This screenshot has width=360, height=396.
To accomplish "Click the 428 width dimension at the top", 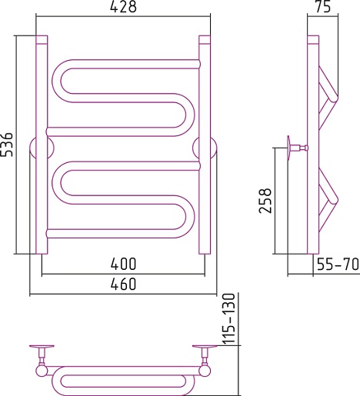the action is (x=123, y=7).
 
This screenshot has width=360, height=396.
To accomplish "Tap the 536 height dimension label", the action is (x=7, y=145).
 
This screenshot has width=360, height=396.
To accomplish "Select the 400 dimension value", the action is (x=123, y=264).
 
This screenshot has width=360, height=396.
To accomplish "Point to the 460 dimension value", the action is (x=123, y=285).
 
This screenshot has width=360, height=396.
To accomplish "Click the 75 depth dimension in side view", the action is (x=323, y=7).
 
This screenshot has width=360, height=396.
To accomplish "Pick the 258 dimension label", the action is (x=265, y=201).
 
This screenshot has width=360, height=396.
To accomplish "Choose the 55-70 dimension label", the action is (x=338, y=265).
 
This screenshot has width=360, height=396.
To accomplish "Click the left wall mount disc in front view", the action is (x=42, y=149).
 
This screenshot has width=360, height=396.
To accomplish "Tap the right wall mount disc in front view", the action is (x=205, y=149).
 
